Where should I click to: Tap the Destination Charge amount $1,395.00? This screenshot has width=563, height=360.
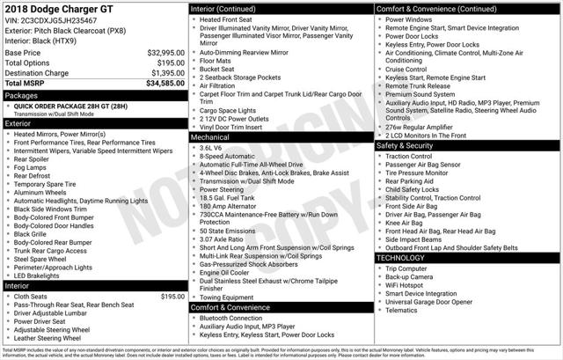tap(165, 72)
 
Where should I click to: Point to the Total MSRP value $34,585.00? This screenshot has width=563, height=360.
tap(165, 83)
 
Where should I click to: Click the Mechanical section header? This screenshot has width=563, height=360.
tap(211, 138)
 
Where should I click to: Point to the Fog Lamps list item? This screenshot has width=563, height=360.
tap(31, 167)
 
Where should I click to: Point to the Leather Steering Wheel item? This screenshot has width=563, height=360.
tap(48, 337)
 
